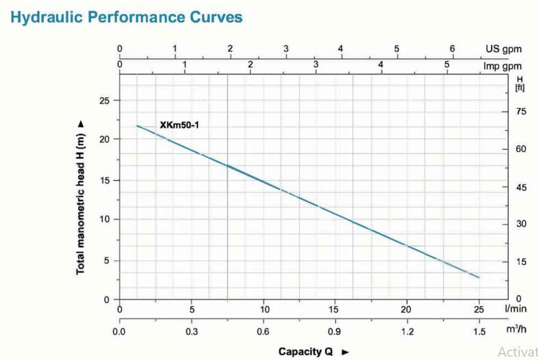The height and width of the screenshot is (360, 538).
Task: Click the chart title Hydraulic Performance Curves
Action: (x=126, y=18)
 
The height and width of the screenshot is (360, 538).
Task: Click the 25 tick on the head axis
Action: (x=104, y=101)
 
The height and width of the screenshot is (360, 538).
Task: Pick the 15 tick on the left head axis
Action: (x=104, y=181)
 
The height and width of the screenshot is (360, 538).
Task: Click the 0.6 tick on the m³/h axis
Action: (x=264, y=332)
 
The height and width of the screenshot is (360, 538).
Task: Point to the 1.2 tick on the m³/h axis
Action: (x=407, y=332)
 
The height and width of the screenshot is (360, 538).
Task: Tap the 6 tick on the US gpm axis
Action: (x=452, y=49)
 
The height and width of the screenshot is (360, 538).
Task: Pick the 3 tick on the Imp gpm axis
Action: (x=316, y=64)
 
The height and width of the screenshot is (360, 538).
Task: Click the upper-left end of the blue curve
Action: (x=138, y=126)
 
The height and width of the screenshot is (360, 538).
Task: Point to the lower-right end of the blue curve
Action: (x=479, y=277)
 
